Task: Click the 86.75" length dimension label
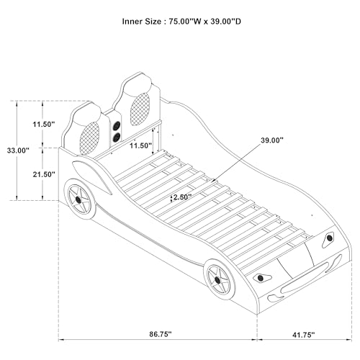tap(161, 334)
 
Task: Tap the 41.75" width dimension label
tap(304, 335)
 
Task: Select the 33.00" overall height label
tap(18, 150)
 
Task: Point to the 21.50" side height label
tap(44, 174)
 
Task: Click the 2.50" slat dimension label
tap(182, 197)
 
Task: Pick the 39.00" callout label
tap(272, 140)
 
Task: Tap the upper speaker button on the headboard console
tap(117, 125)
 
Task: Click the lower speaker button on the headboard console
tap(116, 138)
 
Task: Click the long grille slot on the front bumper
tap(305, 277)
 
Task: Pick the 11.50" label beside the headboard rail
tap(141, 145)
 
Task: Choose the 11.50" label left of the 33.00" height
tap(44, 125)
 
